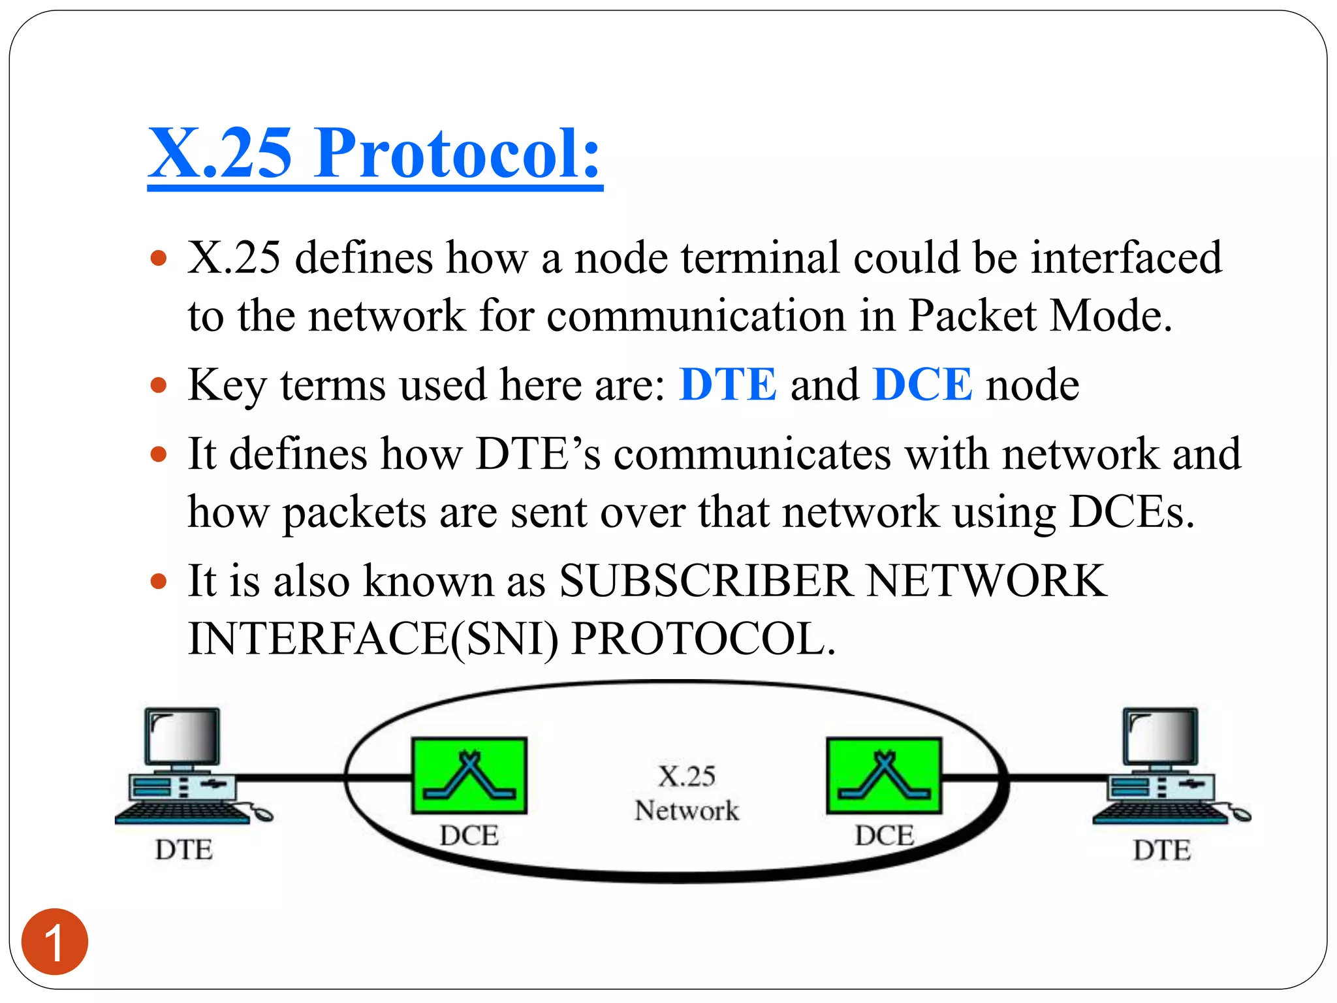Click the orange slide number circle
click(x=55, y=942)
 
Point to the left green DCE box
click(x=469, y=776)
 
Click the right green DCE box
click(x=884, y=776)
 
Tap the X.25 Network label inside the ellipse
click(x=687, y=793)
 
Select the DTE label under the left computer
click(x=183, y=850)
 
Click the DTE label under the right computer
click(x=1162, y=850)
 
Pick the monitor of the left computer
click(x=183, y=737)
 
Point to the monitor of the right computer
click(x=1161, y=737)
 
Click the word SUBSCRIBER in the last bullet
click(x=705, y=581)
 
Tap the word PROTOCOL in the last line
click(x=702, y=639)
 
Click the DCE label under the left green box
click(x=469, y=835)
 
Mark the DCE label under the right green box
click(x=884, y=835)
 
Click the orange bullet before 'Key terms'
click(x=159, y=385)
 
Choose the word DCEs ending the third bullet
click(x=1131, y=512)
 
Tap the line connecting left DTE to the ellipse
click(x=291, y=778)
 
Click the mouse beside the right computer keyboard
click(x=1240, y=814)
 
